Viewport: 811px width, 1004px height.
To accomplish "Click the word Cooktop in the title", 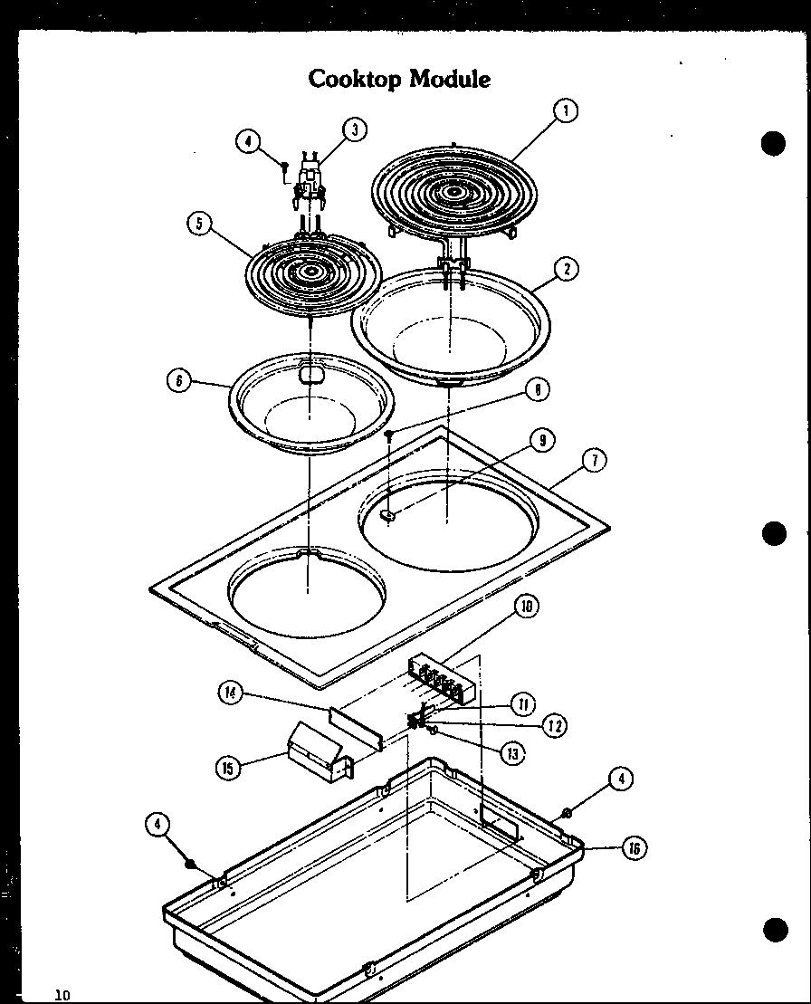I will (x=356, y=79).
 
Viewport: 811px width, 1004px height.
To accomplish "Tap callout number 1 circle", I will (x=565, y=111).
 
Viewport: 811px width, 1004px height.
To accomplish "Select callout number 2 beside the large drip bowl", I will (x=566, y=269).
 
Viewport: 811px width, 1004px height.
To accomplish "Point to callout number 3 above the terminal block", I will (x=354, y=129).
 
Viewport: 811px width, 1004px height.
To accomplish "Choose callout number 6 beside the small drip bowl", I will (x=178, y=381).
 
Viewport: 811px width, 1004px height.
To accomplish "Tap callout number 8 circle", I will (x=537, y=389).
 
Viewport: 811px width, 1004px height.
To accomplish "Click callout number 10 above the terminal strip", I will (x=525, y=607).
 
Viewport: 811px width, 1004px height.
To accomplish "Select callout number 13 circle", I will (x=513, y=751).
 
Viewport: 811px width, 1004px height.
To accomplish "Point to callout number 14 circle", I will (x=231, y=693).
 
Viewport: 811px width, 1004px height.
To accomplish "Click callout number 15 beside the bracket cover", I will (x=228, y=768).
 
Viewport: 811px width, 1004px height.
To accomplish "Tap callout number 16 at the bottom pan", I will (x=635, y=848).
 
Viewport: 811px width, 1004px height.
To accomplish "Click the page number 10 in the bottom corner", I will (x=62, y=995).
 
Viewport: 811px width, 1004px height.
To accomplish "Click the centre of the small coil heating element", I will (x=310, y=270).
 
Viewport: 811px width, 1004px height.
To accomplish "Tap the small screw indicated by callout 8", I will (x=388, y=435).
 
